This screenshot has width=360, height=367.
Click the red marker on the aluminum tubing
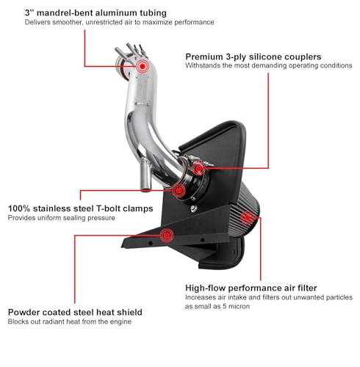143,66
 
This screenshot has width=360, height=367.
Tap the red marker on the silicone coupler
198,168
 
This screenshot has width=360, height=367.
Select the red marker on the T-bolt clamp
179,190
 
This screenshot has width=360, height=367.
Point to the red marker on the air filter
247,217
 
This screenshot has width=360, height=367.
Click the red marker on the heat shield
167,236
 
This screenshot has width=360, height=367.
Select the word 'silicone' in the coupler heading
268,57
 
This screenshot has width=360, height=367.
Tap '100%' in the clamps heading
19,208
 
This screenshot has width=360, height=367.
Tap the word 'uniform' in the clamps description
49,218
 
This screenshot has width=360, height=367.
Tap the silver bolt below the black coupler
194,208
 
